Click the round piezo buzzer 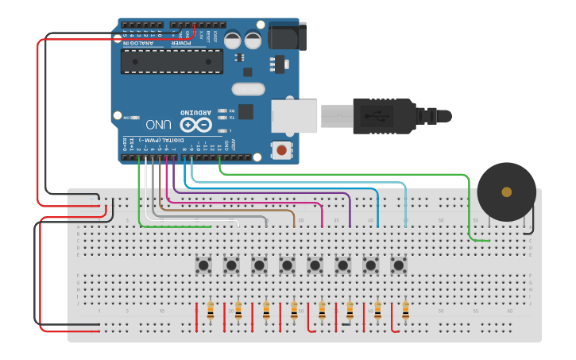(x=506, y=192)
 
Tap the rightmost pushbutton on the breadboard (x=399, y=264)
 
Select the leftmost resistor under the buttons (x=211, y=311)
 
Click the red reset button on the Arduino (x=281, y=149)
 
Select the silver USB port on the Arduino (x=294, y=116)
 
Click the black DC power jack (x=287, y=37)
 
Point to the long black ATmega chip (x=172, y=61)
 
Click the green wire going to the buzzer (x=342, y=172)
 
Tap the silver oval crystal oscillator (x=248, y=90)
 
